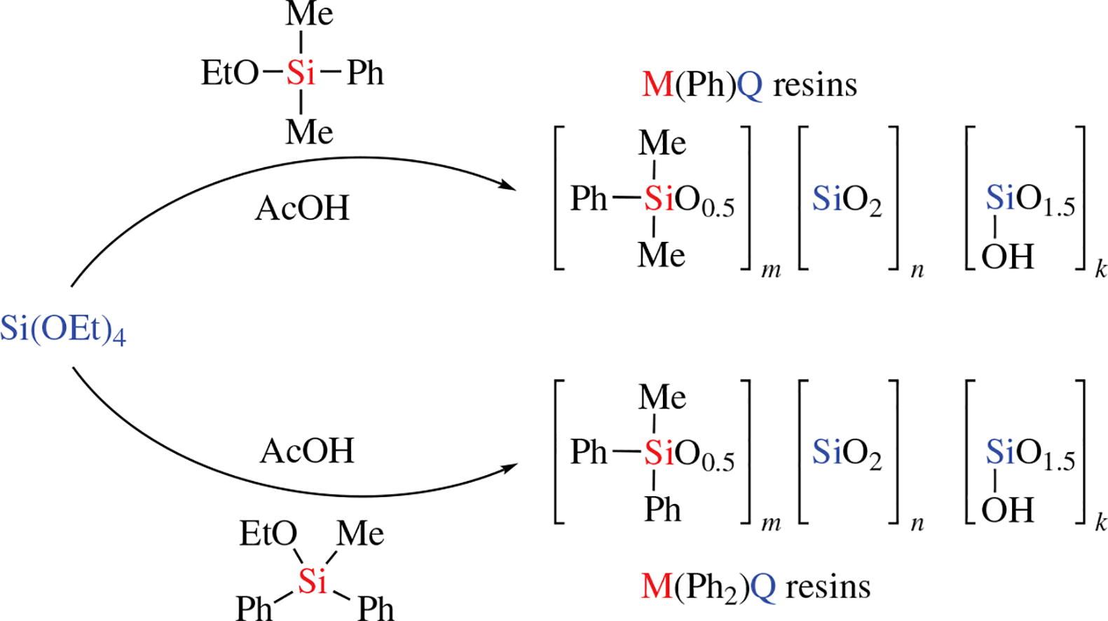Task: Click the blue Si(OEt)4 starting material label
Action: tap(63, 329)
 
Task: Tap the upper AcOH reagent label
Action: tap(302, 208)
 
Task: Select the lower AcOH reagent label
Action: tap(307, 451)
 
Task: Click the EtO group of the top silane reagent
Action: tap(230, 73)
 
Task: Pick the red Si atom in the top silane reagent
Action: tap(301, 73)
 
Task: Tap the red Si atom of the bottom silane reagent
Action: tap(313, 580)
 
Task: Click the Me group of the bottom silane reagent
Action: tap(360, 534)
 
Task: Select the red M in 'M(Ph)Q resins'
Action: tap(657, 85)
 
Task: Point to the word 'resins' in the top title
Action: tap(815, 86)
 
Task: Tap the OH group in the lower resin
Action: tap(1007, 510)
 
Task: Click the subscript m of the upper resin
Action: tap(771, 270)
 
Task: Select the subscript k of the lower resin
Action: tap(1100, 522)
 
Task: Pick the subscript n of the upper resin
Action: tap(917, 270)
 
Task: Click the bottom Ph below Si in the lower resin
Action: tap(662, 509)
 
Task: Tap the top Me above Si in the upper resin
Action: tap(662, 143)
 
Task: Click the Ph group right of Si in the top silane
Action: tap(365, 73)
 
